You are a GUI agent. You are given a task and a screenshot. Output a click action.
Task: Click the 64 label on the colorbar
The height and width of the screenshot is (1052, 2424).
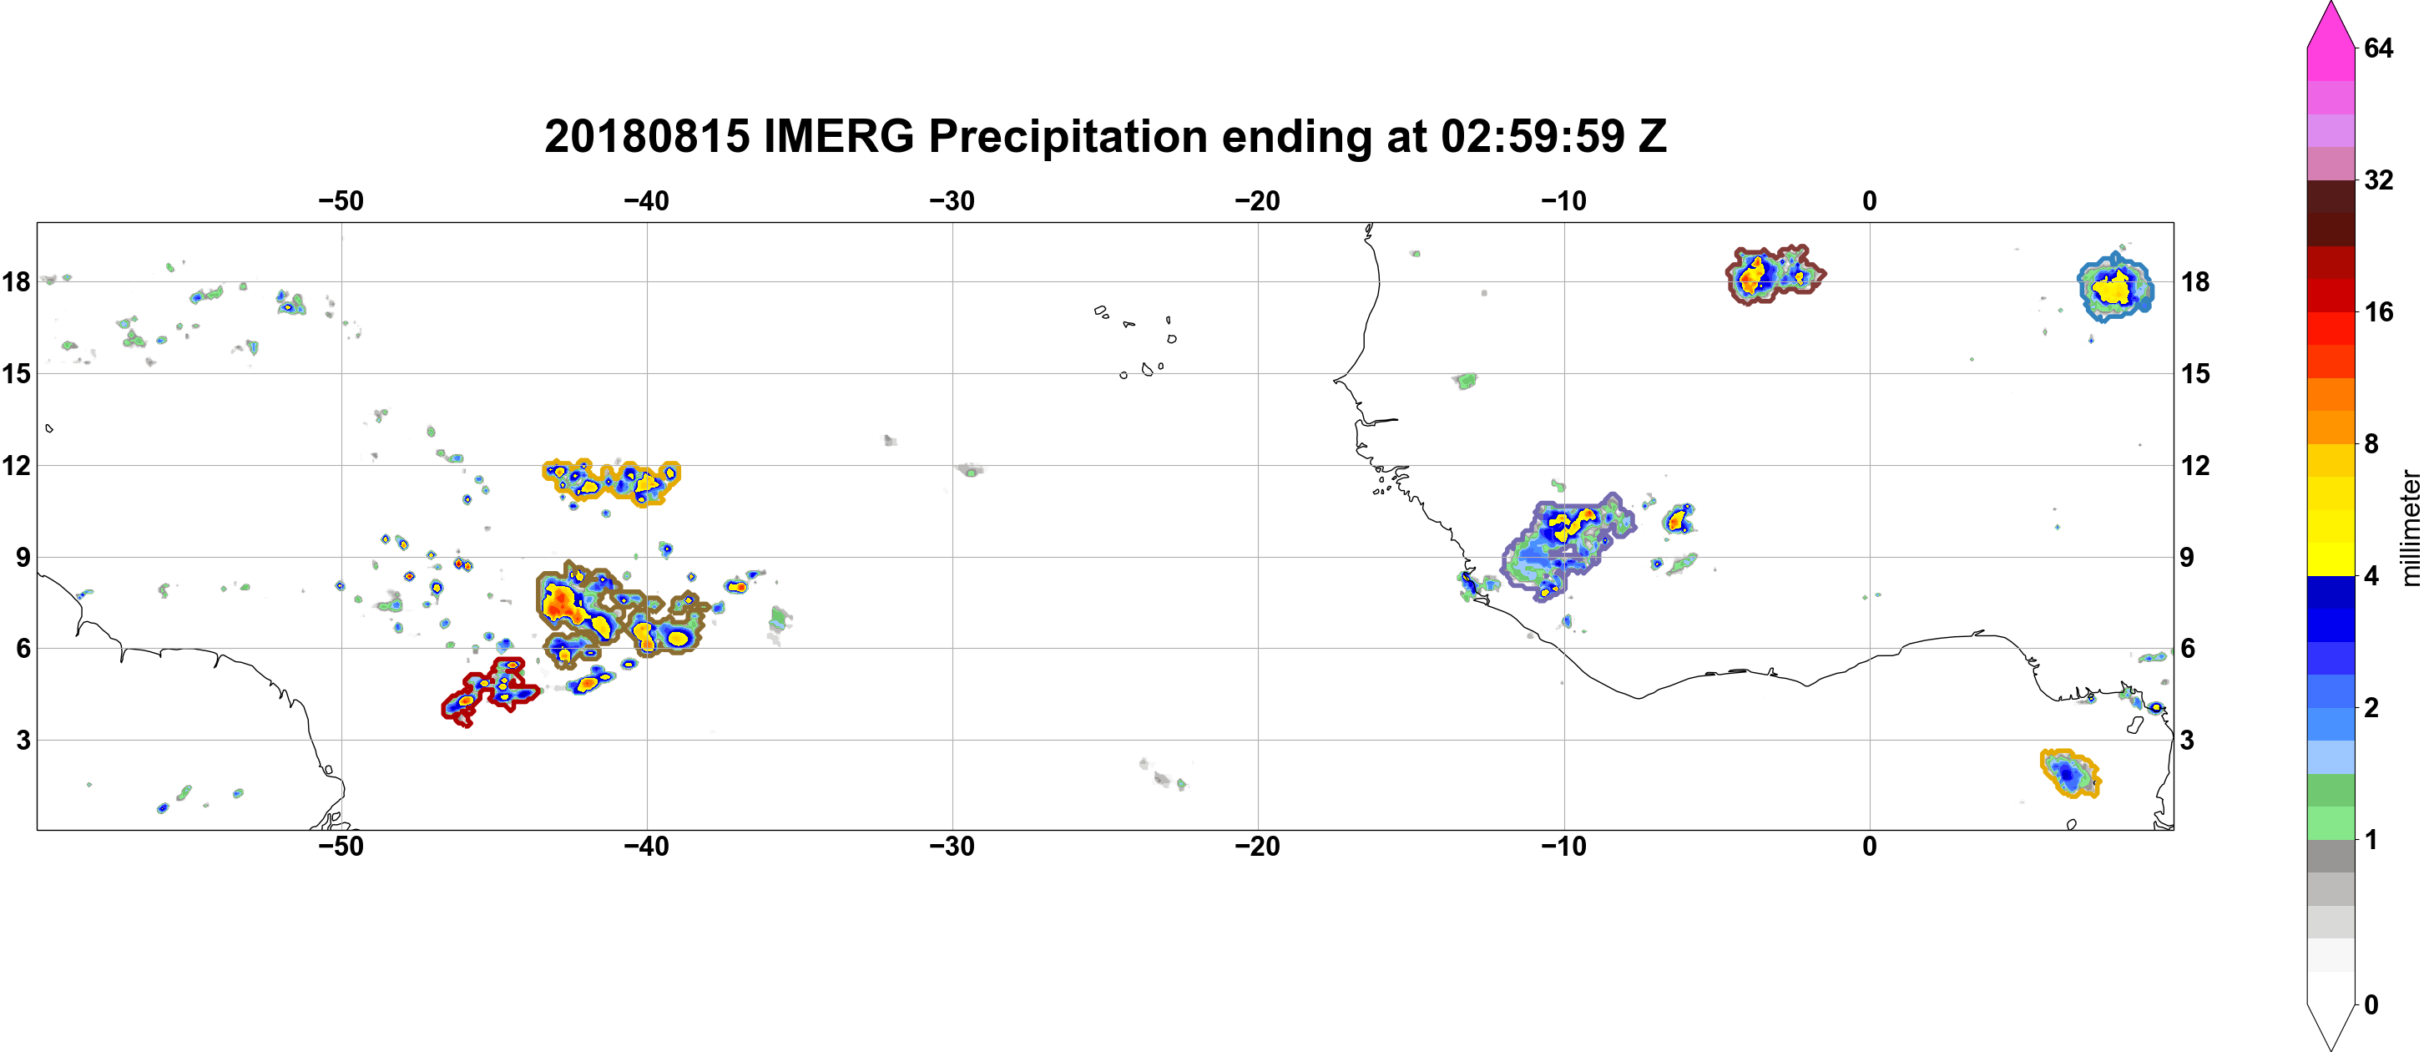coord(2379,48)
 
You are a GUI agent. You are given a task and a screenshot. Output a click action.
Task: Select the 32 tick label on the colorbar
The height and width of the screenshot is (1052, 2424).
coord(2379,180)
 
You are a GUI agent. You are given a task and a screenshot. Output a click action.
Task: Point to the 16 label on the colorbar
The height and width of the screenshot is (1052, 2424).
coord(2379,312)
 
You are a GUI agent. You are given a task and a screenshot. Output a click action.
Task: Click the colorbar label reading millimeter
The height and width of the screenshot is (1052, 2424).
coord(2410,528)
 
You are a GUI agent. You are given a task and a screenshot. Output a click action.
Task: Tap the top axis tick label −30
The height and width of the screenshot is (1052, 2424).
coord(952,201)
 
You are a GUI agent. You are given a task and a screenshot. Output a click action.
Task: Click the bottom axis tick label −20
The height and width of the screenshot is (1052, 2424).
coord(1258,847)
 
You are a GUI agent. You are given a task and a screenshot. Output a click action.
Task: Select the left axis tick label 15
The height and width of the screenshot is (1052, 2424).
coord(16,373)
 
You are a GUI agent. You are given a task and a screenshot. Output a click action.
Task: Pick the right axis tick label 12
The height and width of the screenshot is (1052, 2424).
coord(2196,466)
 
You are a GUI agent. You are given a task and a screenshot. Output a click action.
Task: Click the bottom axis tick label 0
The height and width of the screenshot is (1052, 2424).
coord(1870,847)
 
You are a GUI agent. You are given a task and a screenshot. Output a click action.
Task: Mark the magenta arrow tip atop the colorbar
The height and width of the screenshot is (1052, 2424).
coord(2331,3)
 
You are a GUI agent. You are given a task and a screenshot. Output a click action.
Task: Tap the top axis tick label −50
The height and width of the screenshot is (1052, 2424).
coord(341,201)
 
